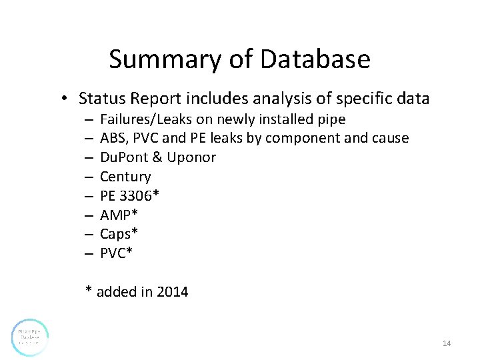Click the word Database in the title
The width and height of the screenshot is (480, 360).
click(x=315, y=59)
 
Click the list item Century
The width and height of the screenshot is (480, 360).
click(x=125, y=177)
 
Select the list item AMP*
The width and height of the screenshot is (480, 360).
click(x=116, y=215)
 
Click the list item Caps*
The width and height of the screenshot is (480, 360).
click(x=118, y=234)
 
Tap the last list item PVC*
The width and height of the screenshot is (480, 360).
click(x=116, y=253)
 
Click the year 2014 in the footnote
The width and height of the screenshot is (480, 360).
click(x=173, y=291)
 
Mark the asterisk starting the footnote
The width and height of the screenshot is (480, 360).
click(x=88, y=291)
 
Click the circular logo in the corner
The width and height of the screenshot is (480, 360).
click(x=30, y=337)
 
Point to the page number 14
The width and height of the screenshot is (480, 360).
click(x=447, y=343)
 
